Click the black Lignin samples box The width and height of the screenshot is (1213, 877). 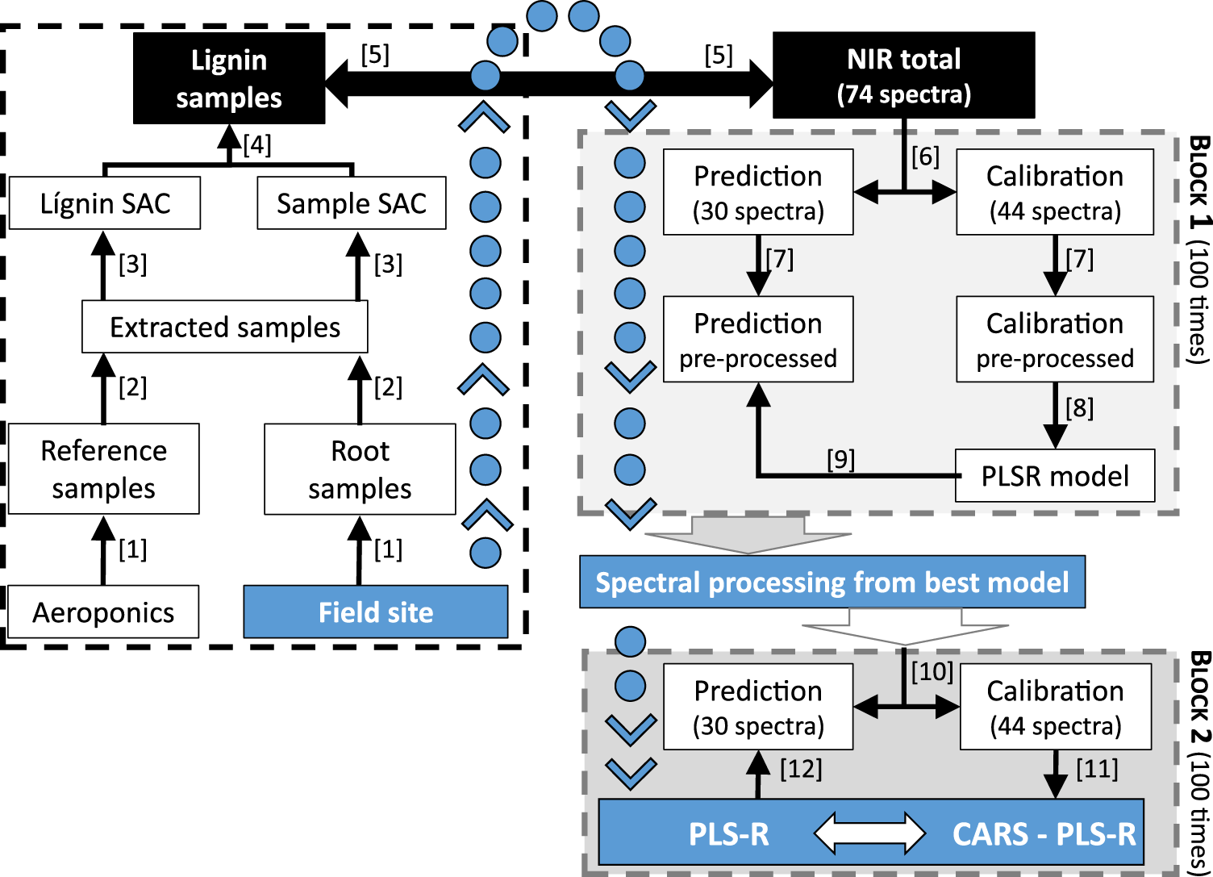229,78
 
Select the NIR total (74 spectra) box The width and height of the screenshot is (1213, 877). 903,76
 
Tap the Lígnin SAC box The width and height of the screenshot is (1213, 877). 105,203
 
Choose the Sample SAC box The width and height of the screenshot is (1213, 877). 351,203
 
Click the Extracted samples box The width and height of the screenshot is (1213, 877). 224,327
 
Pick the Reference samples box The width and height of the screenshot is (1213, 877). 103,469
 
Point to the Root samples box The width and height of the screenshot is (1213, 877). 360,469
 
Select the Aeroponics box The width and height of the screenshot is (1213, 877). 103,612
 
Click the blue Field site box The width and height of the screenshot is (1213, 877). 376,612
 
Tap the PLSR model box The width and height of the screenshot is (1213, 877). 1054,476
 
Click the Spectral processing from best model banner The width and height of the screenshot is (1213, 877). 832,582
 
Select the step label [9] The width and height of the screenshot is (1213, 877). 840,460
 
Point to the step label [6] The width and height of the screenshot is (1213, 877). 925,157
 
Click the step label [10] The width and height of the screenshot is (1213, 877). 932,671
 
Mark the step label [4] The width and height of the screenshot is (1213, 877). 257,145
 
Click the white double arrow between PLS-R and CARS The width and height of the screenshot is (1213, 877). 869,833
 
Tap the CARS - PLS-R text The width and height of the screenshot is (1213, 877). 1044,833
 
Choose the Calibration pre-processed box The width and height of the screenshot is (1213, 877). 1054,340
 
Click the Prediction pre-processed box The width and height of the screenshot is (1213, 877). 757,340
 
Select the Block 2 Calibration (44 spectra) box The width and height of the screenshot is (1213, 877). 1055,707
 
